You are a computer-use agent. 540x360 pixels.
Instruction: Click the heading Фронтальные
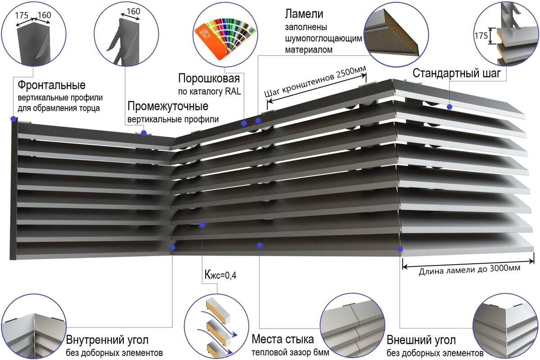[51, 85]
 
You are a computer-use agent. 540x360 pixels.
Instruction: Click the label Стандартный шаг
[456, 73]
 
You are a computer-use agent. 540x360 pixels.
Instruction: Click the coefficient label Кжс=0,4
[220, 275]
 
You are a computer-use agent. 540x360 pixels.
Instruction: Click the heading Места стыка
[283, 339]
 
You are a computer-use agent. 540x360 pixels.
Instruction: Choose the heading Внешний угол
[421, 339]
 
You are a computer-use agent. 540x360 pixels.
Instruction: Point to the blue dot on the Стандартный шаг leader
[450, 107]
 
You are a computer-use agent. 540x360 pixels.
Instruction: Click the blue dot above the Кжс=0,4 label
[203, 224]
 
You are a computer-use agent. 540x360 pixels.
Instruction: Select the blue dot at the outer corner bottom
[400, 248]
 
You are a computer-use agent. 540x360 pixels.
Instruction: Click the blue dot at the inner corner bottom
[173, 247]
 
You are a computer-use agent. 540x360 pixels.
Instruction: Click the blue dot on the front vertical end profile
[14, 119]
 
